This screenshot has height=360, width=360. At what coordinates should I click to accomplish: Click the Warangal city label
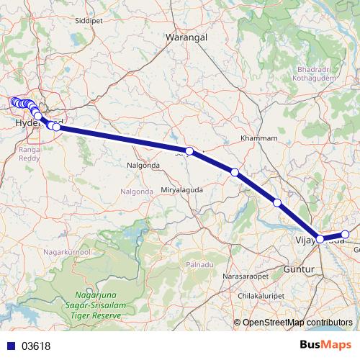(x=186, y=36)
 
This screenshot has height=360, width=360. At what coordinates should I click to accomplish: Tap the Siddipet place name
(x=89, y=21)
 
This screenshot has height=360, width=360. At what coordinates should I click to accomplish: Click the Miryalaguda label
(x=182, y=189)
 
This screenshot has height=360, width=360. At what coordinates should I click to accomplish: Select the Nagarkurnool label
(x=66, y=253)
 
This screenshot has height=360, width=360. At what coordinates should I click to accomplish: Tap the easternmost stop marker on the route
(x=345, y=234)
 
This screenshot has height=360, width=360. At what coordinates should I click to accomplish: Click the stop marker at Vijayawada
(x=320, y=238)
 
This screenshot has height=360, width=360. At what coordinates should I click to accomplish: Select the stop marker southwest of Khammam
(x=235, y=171)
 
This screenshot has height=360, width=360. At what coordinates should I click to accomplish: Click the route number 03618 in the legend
(x=35, y=346)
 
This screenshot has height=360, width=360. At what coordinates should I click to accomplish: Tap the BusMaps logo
(x=326, y=345)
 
